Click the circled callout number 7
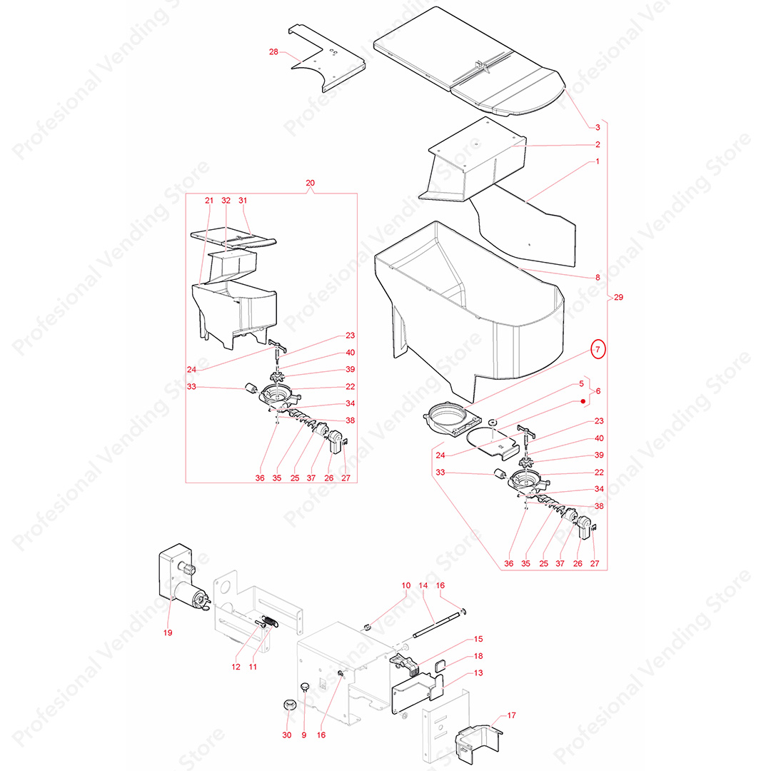point(598,350)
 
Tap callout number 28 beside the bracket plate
point(273,51)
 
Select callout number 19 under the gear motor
point(168,633)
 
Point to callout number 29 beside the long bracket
point(618,297)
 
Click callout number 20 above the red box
point(311,183)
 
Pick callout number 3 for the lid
point(598,127)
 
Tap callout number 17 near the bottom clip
point(511,715)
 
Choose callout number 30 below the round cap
point(287,735)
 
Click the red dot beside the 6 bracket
point(583,401)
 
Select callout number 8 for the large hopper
point(598,277)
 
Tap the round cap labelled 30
point(290,705)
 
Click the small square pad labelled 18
point(440,666)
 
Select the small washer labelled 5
point(492,422)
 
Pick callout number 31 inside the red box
point(243,201)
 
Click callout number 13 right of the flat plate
point(478,673)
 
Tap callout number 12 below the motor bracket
point(236,667)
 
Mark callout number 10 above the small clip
point(406,585)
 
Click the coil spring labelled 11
point(270,621)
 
